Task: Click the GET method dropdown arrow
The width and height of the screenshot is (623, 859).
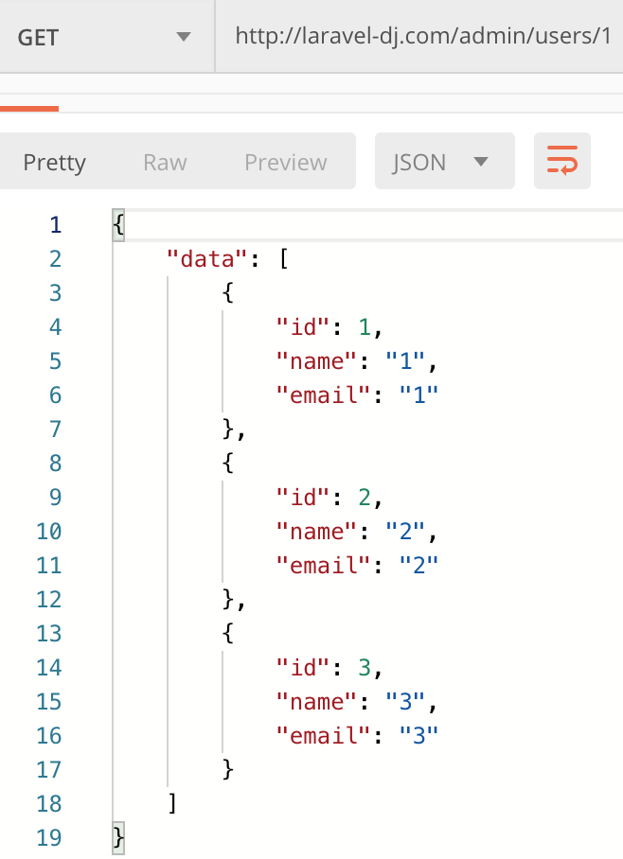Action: point(183,37)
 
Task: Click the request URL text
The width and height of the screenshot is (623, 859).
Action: point(423,36)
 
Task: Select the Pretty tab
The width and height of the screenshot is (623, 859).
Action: point(54,162)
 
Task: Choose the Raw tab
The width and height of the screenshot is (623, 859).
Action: point(165,162)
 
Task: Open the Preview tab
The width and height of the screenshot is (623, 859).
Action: point(286,162)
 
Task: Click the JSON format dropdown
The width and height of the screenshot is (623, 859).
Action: point(445,161)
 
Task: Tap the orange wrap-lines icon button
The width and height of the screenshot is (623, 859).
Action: point(562,161)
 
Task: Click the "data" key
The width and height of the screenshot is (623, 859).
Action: point(208,258)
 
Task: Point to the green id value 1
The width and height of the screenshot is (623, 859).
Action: point(365,327)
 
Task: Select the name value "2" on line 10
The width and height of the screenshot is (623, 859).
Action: point(405,532)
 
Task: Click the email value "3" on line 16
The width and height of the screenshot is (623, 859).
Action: point(419,736)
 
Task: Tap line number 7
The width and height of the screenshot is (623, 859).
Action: point(56,429)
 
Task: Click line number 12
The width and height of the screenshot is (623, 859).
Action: point(49,600)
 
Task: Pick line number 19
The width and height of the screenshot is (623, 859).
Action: point(49,837)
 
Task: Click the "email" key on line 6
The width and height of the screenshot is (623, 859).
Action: point(324,395)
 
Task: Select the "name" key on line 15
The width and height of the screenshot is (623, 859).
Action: point(317,702)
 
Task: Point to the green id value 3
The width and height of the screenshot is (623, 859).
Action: point(365,668)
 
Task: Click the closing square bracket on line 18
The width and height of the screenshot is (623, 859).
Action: point(172,804)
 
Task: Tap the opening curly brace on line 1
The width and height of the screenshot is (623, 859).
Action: point(118,224)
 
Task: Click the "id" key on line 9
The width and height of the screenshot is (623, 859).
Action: point(304,498)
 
